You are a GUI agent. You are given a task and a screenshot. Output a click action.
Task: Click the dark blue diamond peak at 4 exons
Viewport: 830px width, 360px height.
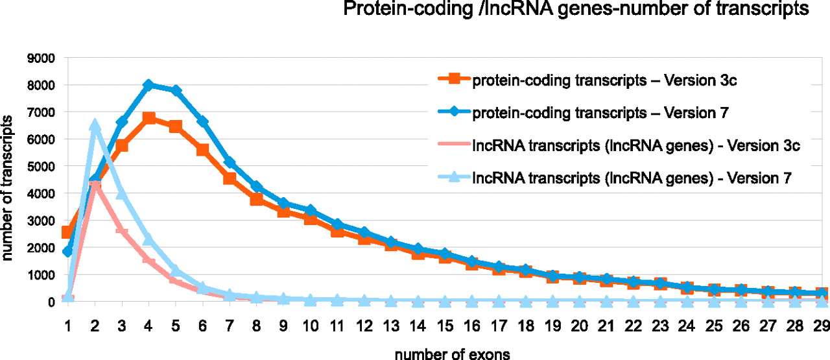pos(148,85)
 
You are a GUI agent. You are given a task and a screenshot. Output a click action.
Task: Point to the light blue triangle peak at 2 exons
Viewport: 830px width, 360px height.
pos(95,125)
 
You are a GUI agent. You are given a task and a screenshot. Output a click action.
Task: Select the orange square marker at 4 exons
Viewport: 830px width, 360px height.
pos(148,118)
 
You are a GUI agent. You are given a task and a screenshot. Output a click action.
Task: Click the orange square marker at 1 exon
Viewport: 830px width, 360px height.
pos(67,232)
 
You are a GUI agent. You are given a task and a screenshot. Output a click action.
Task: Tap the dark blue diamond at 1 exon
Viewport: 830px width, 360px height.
pos(67,252)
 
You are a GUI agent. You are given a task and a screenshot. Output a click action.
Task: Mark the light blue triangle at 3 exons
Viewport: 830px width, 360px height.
pos(121,193)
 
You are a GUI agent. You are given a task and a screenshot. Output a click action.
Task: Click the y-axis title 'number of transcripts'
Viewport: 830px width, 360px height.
pos(10,188)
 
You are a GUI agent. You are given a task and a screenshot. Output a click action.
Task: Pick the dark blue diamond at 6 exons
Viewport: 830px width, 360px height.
pos(202,122)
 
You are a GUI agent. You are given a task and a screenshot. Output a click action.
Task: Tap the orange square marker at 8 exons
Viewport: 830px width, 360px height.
pos(256,199)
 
